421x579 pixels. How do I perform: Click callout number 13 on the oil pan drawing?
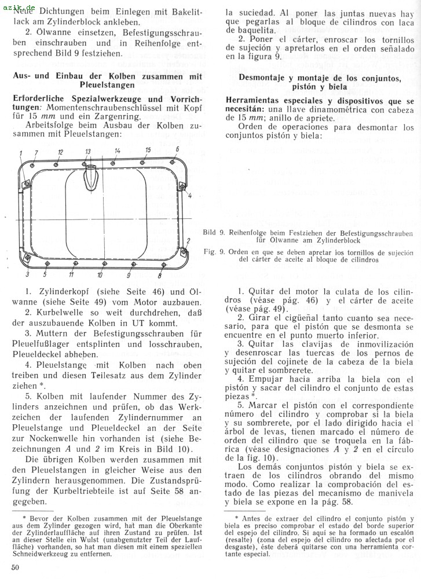coord(88,151)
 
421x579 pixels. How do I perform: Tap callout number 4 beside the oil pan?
coord(189,196)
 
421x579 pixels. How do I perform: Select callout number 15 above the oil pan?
coord(148,150)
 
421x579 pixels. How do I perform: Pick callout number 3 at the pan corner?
coord(27,274)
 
